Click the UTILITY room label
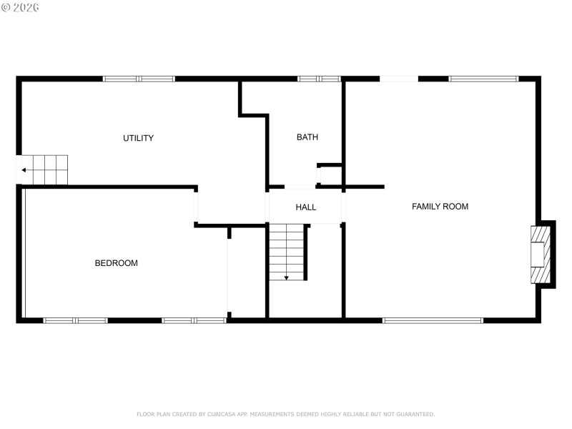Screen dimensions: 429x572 coord(138,138)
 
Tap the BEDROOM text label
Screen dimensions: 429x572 coord(116,263)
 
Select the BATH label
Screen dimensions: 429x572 coord(307,137)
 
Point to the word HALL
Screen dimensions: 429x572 coord(306,207)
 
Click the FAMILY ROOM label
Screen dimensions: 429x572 coord(440,207)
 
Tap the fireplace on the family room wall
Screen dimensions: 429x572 coord(541,255)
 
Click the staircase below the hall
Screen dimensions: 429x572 coord(287,251)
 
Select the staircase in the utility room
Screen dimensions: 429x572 coord(43,170)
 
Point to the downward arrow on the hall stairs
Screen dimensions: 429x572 coord(287,276)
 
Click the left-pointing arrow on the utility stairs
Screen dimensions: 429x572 coord(24,170)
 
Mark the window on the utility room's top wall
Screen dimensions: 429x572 coord(139,79)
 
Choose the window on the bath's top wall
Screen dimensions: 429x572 coord(319,79)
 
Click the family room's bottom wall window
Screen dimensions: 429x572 coord(433,320)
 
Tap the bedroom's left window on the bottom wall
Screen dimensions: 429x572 coord(76,320)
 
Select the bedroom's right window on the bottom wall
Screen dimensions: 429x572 coord(194,320)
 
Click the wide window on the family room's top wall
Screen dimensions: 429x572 coord(483,79)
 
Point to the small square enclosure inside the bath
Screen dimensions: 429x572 coord(329,175)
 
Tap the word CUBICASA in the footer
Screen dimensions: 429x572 coord(217,414)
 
